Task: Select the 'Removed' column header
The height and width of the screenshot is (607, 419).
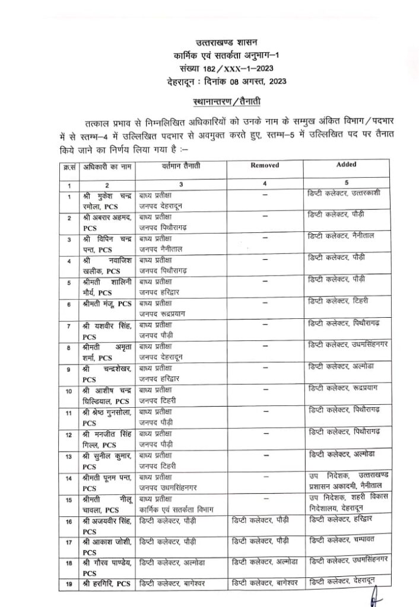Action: tap(265, 165)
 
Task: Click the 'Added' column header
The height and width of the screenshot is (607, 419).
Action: tap(346, 165)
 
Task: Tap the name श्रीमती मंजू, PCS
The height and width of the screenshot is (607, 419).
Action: tap(107, 303)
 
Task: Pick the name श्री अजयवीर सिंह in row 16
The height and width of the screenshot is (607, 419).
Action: tap(107, 525)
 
